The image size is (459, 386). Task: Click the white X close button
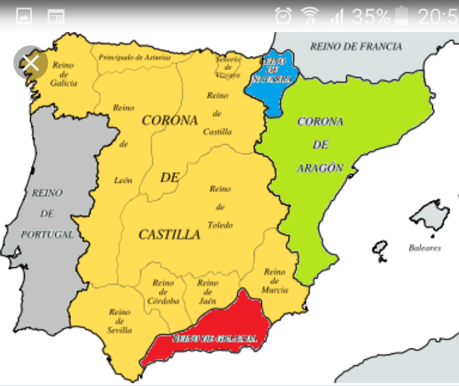[31, 63]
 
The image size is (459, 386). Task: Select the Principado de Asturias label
[134, 57]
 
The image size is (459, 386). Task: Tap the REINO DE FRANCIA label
[356, 47]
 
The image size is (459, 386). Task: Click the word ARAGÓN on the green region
[320, 168]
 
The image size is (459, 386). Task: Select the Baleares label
[424, 248]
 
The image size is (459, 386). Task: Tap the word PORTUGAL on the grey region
[47, 235]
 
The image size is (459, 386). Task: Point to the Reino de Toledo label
[220, 207]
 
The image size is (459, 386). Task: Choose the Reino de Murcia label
[275, 280]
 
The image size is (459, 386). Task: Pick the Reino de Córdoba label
[163, 292]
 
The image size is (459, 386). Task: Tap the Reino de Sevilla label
[120, 321]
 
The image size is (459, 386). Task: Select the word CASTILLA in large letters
[169, 234]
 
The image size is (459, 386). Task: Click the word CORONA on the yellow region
[170, 121]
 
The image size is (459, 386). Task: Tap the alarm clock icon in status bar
[284, 15]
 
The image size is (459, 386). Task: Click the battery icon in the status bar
[401, 15]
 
